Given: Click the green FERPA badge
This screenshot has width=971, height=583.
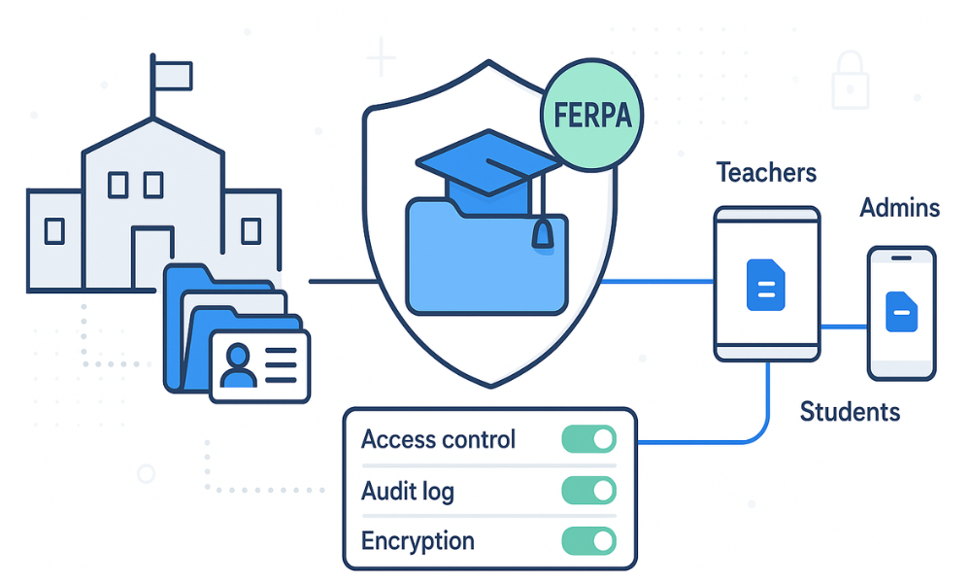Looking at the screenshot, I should point(592,115).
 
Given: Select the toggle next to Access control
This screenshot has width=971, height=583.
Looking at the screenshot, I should point(588,439).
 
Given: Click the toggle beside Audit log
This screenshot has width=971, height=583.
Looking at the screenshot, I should point(588,490).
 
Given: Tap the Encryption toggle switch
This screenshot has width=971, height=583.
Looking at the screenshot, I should point(588,541).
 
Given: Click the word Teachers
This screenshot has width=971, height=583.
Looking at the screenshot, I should point(766,173).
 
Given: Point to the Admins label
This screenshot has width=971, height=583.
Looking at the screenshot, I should point(899,207).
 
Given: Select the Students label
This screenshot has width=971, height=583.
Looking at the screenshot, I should point(850,412).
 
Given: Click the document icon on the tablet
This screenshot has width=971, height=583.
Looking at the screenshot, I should point(765,285).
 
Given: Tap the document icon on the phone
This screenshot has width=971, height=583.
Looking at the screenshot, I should point(901,312).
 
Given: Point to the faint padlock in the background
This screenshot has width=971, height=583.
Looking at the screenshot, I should point(851,83).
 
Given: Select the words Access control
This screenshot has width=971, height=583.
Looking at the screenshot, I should point(438,439).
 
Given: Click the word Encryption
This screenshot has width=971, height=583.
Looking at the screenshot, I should point(418,541).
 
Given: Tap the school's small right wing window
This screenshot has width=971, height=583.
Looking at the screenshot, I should point(251,230).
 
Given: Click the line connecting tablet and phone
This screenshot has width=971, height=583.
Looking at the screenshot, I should point(843,326).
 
